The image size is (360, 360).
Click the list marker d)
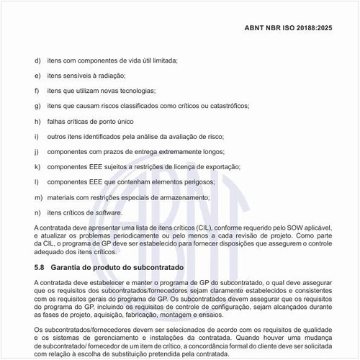point(37,60)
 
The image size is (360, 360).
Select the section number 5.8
point(40,267)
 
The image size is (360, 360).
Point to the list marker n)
point(37,212)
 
